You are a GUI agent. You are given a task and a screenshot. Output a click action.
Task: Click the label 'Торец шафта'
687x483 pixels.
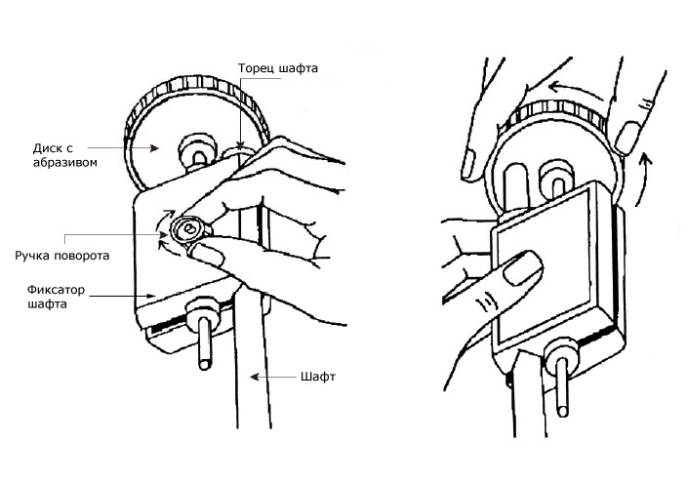[x=278, y=69]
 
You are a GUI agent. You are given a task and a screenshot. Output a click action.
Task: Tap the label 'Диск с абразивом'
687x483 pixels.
[x=64, y=155]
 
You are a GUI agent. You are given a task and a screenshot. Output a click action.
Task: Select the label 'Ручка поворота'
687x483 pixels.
[x=61, y=256]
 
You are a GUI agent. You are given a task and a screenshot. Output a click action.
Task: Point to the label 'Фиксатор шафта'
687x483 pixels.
[x=56, y=297]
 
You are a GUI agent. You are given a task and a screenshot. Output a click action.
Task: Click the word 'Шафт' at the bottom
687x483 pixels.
[x=318, y=377]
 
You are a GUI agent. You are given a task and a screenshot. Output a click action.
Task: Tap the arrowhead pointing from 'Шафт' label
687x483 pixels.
[x=254, y=377]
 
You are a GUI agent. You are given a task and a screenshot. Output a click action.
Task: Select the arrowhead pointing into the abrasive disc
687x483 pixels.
[x=154, y=148]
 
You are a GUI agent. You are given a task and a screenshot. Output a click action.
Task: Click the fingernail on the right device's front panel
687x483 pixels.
[x=522, y=269]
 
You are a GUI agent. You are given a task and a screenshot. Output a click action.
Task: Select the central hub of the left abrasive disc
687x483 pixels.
[x=198, y=151]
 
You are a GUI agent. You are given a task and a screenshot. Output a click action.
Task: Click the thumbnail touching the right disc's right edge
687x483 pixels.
[x=628, y=138]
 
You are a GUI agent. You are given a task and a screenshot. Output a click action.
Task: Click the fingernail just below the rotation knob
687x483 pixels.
[x=207, y=255]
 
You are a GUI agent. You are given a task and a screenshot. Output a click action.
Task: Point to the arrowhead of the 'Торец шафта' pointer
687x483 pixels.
[x=240, y=145]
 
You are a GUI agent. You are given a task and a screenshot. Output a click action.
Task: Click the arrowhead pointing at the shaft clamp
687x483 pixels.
[x=151, y=296]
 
